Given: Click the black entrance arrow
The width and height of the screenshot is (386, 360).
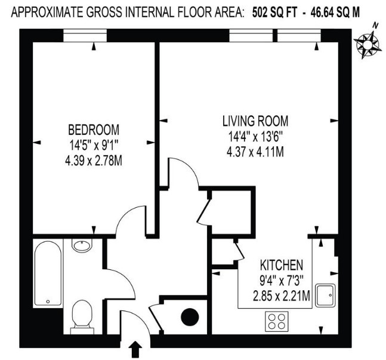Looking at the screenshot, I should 136,348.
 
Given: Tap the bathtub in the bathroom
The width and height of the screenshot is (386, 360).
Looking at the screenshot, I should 48,273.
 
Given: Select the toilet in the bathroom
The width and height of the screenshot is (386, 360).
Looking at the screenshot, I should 81,315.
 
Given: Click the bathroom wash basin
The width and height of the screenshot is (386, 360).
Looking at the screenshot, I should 81,245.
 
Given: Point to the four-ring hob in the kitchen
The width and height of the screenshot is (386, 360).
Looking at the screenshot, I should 276,323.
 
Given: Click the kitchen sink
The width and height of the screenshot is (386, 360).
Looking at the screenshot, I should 326,294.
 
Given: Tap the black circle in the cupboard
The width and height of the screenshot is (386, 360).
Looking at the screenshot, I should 190,317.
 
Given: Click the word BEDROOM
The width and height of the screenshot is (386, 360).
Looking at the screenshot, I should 94,130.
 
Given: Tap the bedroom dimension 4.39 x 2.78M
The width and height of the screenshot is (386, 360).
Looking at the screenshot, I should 94,161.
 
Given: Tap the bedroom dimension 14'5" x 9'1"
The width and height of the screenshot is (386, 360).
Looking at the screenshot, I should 94,145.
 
